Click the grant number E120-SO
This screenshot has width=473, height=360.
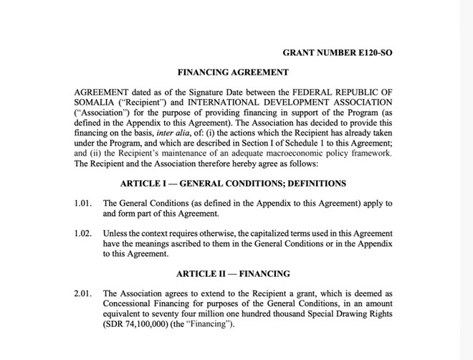point(338,52)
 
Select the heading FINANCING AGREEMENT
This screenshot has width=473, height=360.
point(233,72)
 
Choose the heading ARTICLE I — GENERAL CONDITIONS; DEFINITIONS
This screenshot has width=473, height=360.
point(233,184)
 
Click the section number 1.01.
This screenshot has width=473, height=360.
point(83,204)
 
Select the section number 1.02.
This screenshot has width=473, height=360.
point(83,234)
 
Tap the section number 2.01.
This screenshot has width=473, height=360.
point(83,293)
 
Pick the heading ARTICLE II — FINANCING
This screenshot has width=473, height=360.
point(233,274)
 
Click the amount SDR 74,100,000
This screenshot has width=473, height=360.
point(143,324)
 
